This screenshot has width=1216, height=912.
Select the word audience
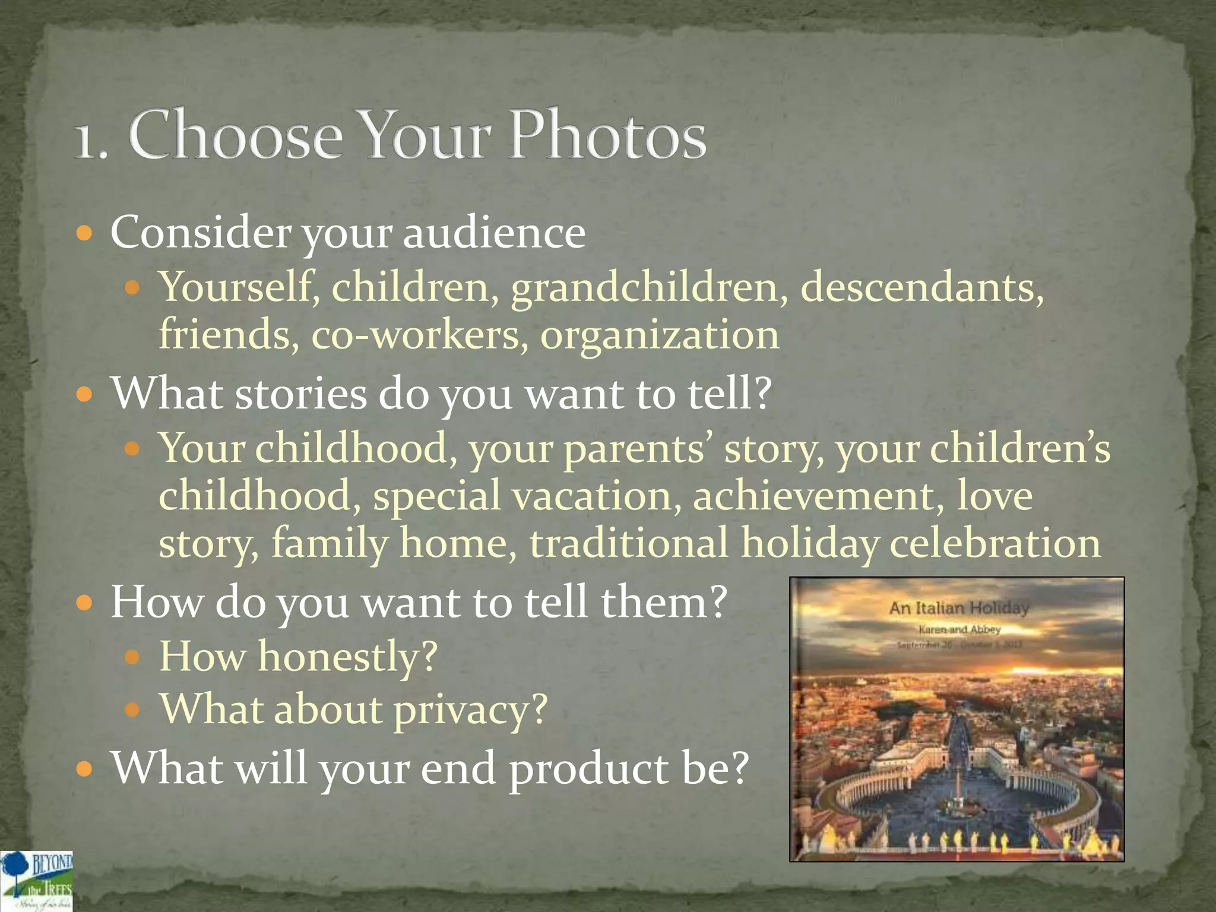tap(494, 232)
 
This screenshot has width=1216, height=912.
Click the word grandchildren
tap(645, 288)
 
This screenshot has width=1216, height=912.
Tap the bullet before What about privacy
tap(132, 709)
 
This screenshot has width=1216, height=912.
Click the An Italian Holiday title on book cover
tap(958, 608)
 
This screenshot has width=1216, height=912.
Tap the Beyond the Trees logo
tap(37, 881)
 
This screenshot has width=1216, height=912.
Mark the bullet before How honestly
tap(132, 657)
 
